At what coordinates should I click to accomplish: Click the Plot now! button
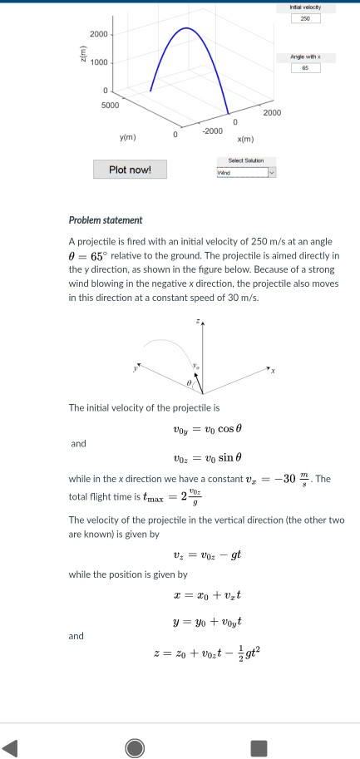point(130,170)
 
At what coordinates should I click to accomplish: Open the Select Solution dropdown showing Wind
point(245,173)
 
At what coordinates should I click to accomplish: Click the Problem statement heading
point(106,220)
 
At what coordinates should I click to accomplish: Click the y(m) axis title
point(129,137)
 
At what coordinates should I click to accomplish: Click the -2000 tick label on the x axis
point(211,131)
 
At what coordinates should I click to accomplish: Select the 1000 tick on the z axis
point(99,63)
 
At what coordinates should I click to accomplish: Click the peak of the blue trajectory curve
point(187,28)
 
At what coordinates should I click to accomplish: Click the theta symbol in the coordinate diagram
point(188,382)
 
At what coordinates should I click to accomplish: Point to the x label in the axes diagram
point(272,371)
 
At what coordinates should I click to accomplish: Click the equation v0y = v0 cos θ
point(207,430)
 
